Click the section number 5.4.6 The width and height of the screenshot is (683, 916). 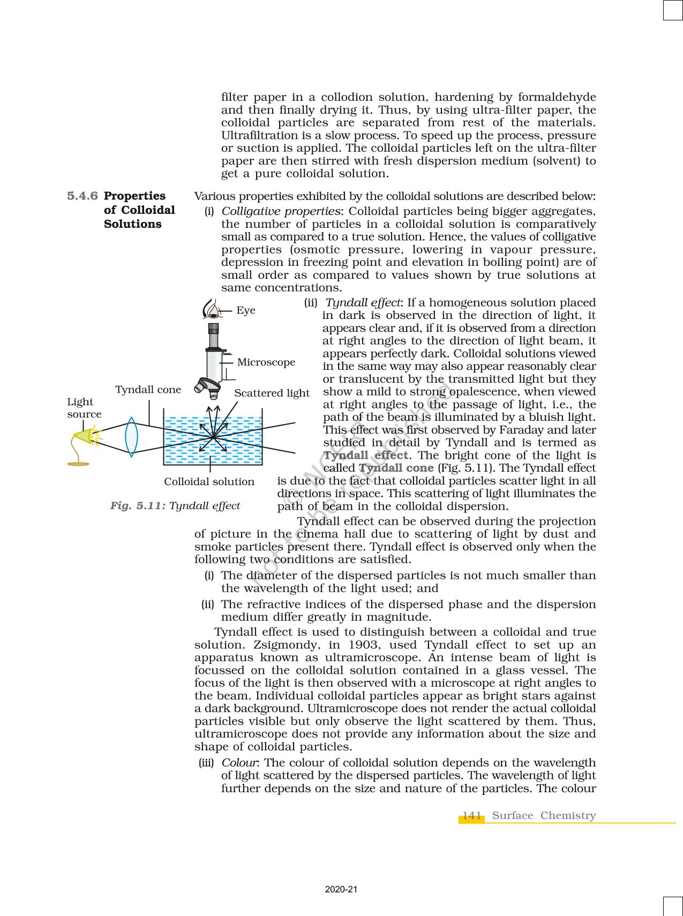click(82, 196)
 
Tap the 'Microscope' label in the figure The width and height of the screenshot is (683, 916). click(266, 362)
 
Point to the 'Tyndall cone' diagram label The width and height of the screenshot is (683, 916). click(148, 390)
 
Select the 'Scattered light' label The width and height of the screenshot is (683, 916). click(272, 393)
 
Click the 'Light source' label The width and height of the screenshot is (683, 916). click(84, 408)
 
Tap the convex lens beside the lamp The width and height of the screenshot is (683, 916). click(131, 437)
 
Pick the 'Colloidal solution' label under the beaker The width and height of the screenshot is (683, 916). click(209, 482)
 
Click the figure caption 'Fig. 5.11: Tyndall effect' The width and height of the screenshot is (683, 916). click(175, 505)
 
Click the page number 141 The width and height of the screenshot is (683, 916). click(471, 815)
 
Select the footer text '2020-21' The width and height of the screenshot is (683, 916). click(341, 889)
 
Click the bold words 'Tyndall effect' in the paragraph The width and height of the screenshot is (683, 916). click(366, 456)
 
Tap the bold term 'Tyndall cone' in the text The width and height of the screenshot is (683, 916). click(396, 468)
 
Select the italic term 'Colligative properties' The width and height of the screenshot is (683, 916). click(281, 211)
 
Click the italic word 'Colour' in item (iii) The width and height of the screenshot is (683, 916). click(240, 763)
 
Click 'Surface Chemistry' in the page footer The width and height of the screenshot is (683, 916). click(543, 815)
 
